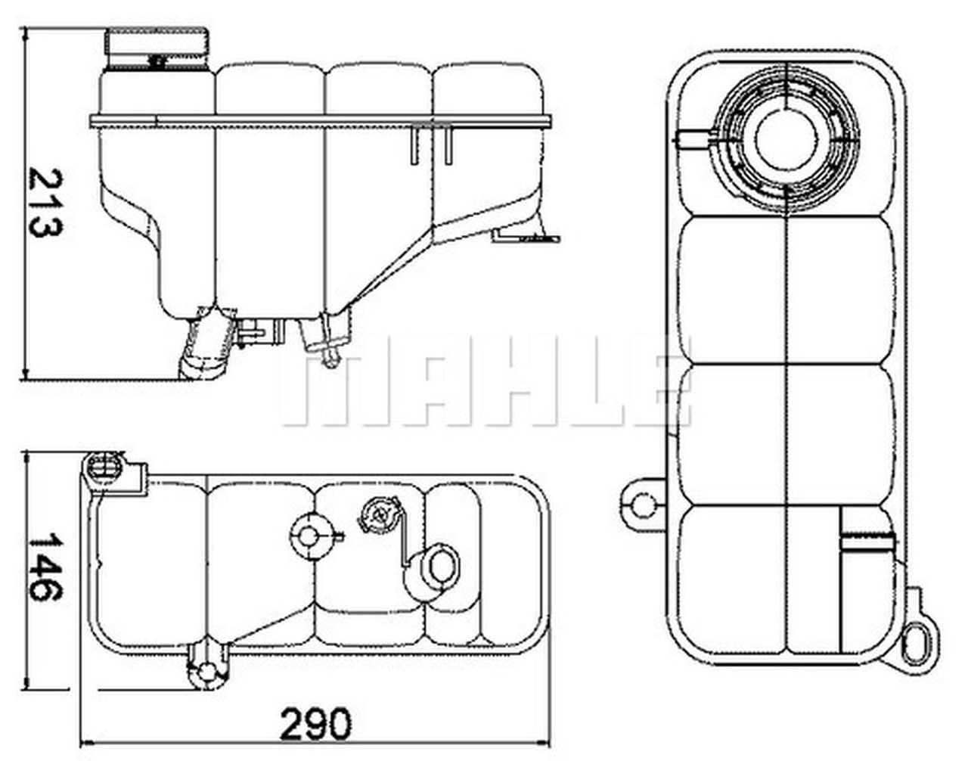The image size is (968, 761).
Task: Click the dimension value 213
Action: pos(46,203)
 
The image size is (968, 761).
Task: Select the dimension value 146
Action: pos(46,567)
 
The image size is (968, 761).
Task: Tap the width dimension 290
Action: pos(316,724)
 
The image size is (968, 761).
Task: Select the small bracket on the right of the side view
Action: pos(525,237)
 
